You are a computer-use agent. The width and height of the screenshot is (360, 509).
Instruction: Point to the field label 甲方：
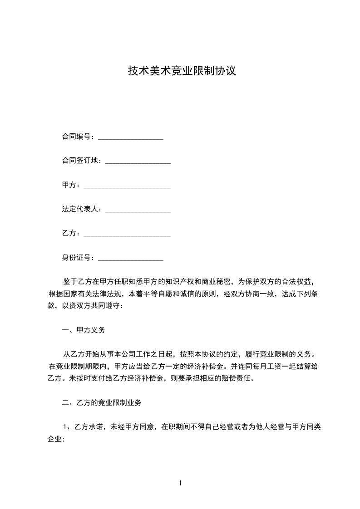click(x=71, y=185)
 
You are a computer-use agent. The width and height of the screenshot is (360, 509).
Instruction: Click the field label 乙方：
click(x=71, y=234)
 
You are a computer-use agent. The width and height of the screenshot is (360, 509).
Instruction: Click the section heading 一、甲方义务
click(x=84, y=330)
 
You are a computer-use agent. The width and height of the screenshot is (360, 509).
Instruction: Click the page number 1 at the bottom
click(x=180, y=483)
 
